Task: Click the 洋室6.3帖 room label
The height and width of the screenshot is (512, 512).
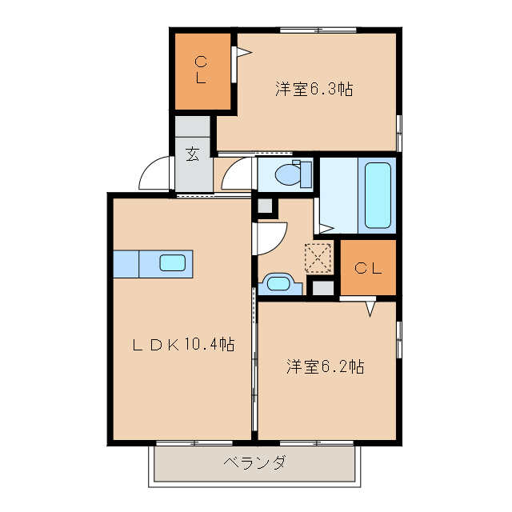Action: click(314, 90)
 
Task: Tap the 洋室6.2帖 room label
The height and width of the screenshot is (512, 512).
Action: click(326, 367)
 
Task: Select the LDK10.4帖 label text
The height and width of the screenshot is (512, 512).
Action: click(183, 345)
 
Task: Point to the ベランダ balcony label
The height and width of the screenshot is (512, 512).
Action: click(254, 463)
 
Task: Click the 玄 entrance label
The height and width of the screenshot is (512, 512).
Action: click(193, 154)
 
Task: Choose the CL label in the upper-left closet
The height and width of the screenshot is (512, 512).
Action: click(202, 70)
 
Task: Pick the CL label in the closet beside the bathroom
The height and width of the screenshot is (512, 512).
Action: click(368, 268)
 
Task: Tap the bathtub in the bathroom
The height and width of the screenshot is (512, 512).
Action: click(378, 194)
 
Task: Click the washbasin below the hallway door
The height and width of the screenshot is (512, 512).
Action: click(278, 282)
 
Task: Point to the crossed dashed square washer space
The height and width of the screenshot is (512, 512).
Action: click(318, 258)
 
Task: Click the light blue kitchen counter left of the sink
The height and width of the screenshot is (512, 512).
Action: click(126, 263)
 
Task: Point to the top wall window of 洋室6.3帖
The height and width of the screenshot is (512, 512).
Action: click(318, 30)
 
